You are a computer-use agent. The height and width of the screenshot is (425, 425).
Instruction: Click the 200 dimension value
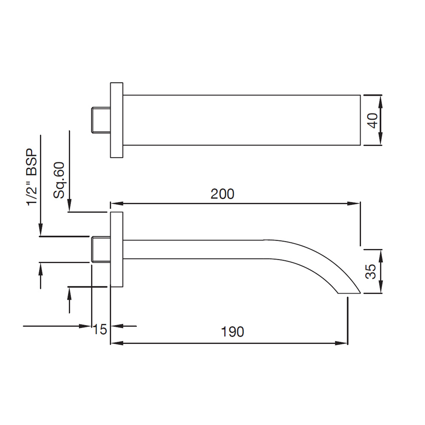pyautogui.click(x=222, y=194)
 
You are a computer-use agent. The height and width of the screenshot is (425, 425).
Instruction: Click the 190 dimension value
pyautogui.click(x=232, y=332)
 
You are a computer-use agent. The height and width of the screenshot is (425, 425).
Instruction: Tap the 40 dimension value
pyautogui.click(x=373, y=120)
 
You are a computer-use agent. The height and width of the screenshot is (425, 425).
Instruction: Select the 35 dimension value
pyautogui.click(x=371, y=271)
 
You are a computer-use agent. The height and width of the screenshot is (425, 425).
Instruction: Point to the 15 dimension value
pyautogui.click(x=100, y=330)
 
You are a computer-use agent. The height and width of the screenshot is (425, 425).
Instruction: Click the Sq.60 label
pyautogui.click(x=59, y=180)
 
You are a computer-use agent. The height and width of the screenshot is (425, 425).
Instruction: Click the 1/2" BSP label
pyautogui.click(x=32, y=177)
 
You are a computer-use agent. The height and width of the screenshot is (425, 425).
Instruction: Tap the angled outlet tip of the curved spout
pyautogui.click(x=349, y=293)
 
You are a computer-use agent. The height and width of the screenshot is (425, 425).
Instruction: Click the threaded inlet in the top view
pyautogui.click(x=101, y=120)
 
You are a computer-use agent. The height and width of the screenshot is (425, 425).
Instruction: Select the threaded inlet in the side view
pyautogui.click(x=101, y=249)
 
